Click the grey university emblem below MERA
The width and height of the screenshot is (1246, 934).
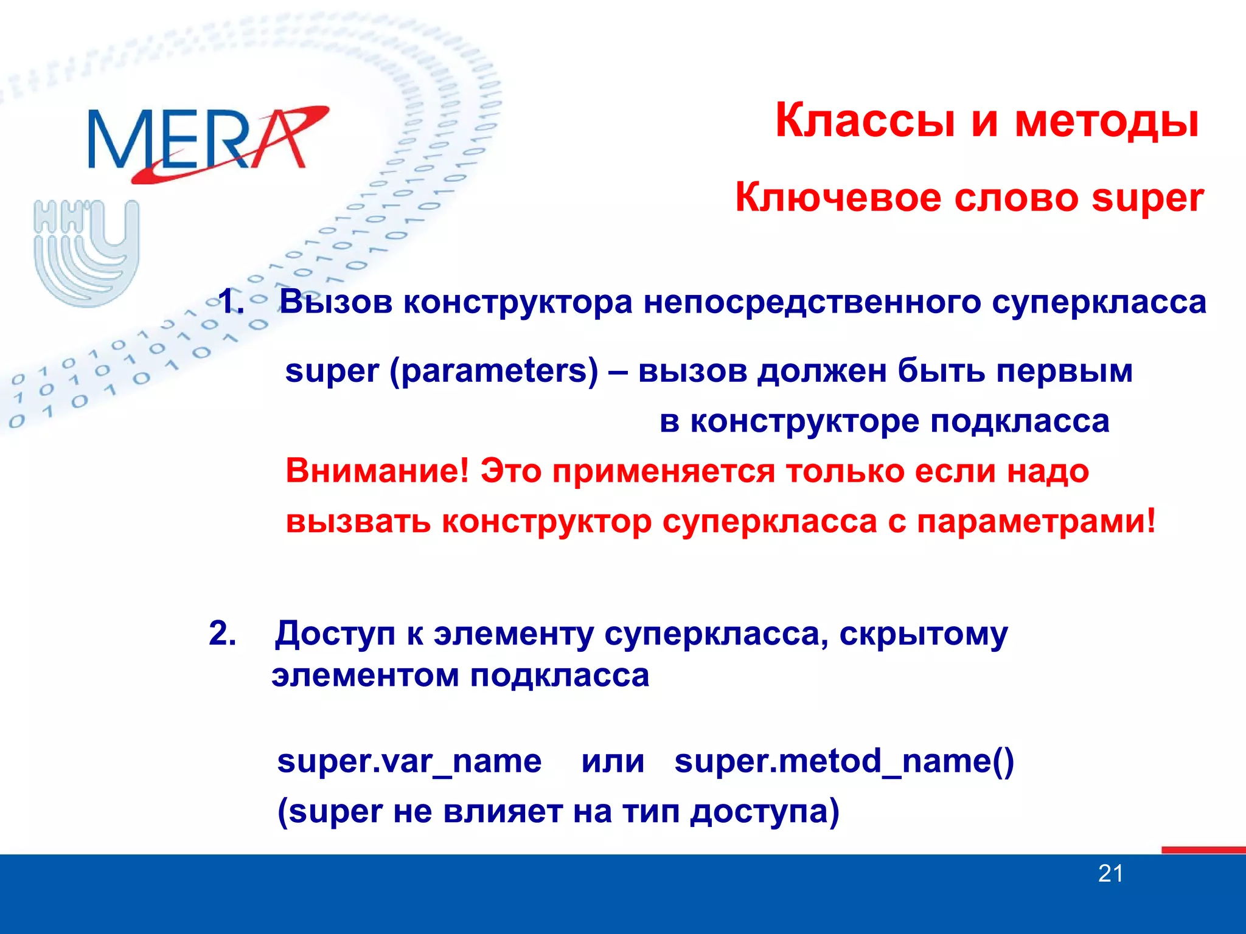coord(86,252)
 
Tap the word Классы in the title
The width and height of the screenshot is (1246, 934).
coord(865,121)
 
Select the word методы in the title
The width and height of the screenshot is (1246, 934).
coord(1106,121)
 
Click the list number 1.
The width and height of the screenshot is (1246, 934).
coord(231,302)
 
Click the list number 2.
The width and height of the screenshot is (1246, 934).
coord(222,633)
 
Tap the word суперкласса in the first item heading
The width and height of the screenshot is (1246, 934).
coord(1099,302)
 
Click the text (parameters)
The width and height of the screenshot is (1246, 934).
coord(493,371)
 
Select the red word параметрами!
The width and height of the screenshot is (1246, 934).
coord(1035,521)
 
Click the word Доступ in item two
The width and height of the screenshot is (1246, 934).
coord(335,634)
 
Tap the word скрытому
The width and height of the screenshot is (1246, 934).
coord(923,634)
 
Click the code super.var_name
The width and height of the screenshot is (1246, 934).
coord(409,761)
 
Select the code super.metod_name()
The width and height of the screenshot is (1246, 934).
coord(844,761)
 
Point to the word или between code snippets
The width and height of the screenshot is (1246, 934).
coord(612,761)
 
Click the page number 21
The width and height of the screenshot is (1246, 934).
coord(1110,874)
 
